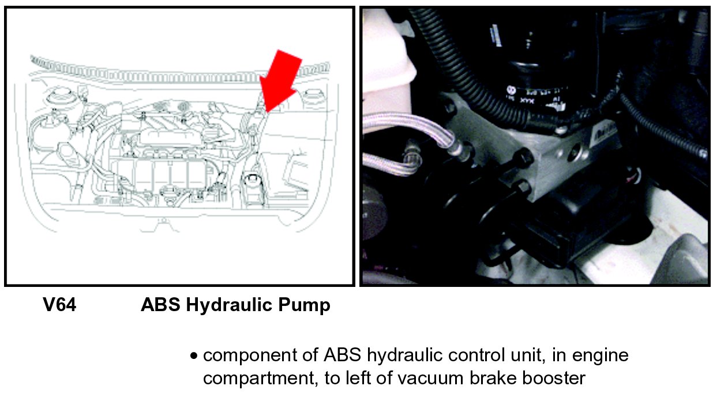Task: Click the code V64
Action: [59, 305]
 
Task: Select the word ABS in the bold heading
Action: [161, 305]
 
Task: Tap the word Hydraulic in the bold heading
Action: [229, 305]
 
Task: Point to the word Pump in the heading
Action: [305, 305]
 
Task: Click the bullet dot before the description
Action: [193, 356]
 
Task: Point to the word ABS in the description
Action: [342, 355]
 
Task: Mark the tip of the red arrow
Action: [267, 112]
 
